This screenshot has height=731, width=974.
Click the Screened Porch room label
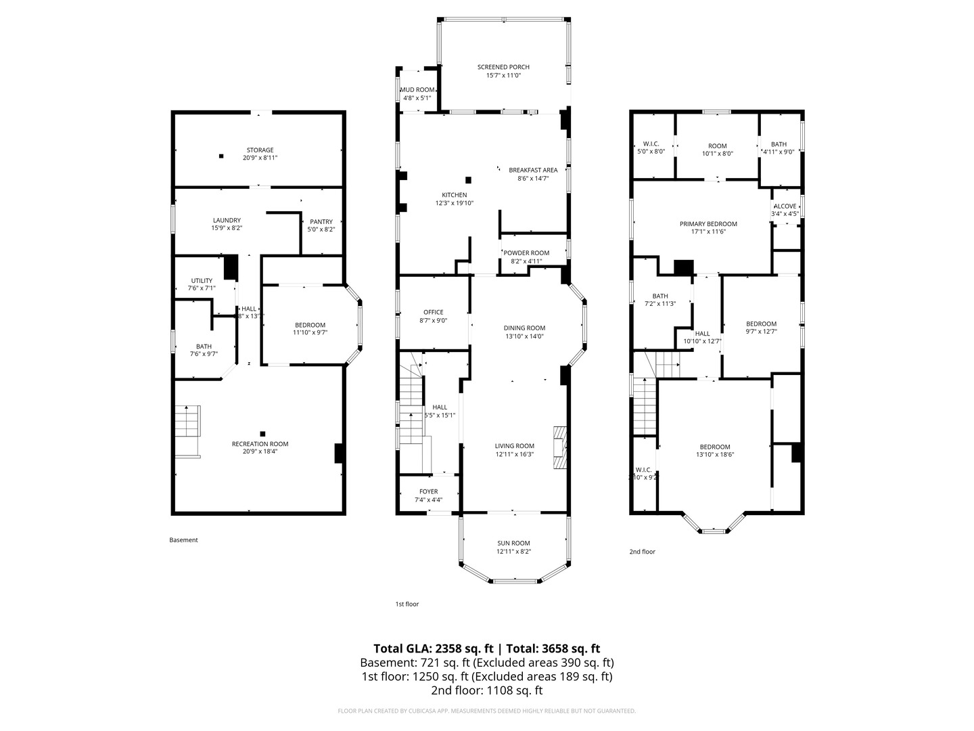503,67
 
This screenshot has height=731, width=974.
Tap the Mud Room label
417,90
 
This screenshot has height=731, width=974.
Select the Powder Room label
526,253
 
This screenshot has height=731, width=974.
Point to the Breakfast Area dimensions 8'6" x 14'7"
533,179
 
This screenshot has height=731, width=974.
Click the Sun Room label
513,543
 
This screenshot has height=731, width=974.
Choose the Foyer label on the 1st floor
428,491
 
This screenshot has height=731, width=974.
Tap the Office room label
433,312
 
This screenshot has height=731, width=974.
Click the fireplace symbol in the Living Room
559,447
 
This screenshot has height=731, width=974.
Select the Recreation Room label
260,444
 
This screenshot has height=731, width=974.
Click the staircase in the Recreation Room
187,422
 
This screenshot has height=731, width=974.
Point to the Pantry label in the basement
321,221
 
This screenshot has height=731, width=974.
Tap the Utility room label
202,280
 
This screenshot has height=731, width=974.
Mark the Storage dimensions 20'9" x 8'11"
260,158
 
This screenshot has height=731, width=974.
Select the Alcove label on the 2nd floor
785,206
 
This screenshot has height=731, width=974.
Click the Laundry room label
227,220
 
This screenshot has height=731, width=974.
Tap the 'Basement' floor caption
183,540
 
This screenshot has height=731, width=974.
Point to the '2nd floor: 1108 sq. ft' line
486,690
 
